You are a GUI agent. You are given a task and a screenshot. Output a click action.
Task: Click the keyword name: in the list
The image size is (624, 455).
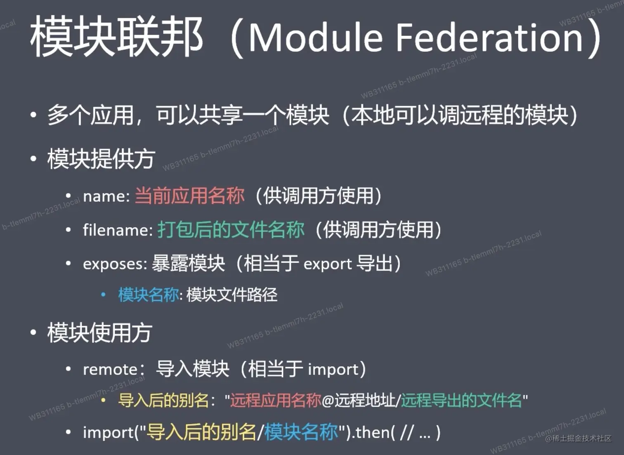[x=106, y=196]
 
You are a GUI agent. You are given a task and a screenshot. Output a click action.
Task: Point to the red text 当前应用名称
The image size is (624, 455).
[x=190, y=196]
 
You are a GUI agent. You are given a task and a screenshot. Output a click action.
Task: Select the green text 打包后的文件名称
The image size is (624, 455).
[x=231, y=230]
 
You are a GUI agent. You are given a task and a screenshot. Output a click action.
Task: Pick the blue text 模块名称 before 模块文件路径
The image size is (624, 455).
[x=149, y=295]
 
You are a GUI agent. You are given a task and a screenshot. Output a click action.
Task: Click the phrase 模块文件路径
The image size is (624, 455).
[x=232, y=295]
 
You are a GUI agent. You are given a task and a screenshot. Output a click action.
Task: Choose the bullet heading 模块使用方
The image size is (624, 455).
[x=100, y=332]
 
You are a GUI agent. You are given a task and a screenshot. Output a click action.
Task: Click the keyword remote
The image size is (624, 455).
[x=110, y=370]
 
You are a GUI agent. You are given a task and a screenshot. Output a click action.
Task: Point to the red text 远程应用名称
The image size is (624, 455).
[x=276, y=401]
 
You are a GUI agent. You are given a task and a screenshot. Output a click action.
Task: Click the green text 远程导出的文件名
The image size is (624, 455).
[x=461, y=401]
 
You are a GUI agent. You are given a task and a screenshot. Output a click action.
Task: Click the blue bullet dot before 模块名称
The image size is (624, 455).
[x=103, y=295]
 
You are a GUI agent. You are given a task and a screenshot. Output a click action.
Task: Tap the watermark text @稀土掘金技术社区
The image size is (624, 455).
[x=578, y=438]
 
